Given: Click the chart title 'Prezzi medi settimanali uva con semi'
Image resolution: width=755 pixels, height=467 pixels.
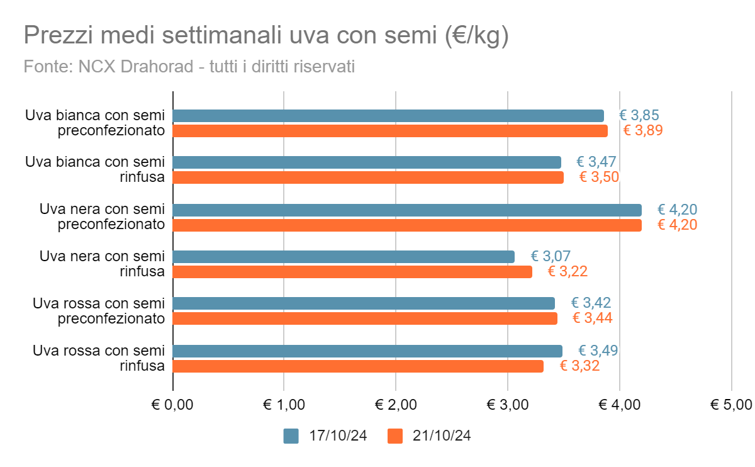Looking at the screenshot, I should (x=266, y=36).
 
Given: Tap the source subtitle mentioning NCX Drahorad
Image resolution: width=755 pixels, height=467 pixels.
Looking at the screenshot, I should (x=189, y=66).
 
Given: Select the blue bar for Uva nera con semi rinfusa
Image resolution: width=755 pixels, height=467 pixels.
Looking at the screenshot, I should (x=344, y=257).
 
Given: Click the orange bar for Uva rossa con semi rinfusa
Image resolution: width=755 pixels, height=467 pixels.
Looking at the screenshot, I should (x=358, y=366).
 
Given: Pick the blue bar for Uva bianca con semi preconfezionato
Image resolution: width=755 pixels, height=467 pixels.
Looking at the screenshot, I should (x=388, y=116).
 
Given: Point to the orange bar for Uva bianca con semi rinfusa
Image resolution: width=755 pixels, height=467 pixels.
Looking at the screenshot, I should (x=368, y=177).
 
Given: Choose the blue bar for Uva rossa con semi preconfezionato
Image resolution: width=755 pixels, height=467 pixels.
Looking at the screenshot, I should (x=364, y=303).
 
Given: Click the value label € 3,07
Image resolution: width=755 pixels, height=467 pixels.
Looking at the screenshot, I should (x=551, y=256).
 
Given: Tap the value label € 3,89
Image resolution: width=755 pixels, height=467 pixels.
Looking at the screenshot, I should (x=643, y=131).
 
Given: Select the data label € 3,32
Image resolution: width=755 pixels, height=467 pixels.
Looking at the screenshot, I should (x=579, y=366).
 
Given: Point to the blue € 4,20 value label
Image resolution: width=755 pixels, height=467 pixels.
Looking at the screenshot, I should (x=678, y=210).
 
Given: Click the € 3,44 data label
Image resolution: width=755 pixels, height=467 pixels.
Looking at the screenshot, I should (x=592, y=318).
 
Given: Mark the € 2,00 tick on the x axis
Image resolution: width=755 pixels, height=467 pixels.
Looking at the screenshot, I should (x=396, y=405).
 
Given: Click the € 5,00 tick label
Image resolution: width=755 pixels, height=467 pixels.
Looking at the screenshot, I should (x=731, y=405).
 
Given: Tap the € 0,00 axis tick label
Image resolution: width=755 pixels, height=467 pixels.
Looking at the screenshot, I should (x=173, y=405).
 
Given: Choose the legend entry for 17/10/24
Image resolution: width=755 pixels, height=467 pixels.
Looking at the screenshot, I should (x=325, y=436).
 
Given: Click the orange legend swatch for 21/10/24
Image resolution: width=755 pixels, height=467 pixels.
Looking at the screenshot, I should (x=395, y=436).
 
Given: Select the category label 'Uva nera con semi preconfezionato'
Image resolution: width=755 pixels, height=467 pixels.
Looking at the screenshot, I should (x=102, y=216).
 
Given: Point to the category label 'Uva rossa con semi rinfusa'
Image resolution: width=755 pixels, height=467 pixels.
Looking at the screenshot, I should (x=99, y=357).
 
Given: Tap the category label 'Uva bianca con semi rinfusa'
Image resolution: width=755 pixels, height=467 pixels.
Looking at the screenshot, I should (x=95, y=169).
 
